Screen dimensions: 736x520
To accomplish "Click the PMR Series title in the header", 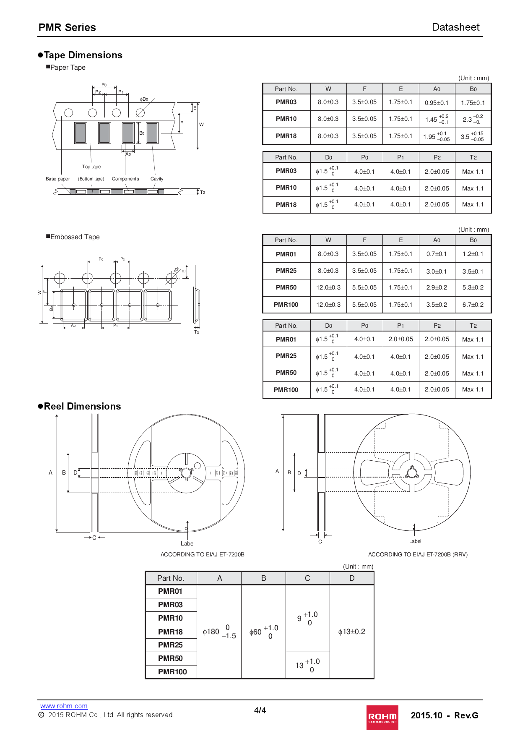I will click(67, 28).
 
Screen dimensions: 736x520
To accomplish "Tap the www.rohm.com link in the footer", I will click(64, 706).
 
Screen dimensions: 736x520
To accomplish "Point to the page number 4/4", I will click(260, 710).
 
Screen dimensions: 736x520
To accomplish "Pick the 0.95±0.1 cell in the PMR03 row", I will click(437, 103).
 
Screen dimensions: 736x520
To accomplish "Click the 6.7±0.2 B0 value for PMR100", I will click(473, 305).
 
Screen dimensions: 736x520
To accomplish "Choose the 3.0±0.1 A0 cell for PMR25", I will click(437, 271).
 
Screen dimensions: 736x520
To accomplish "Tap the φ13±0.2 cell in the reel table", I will click(351, 632).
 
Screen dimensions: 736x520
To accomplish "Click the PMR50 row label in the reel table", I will click(171, 658).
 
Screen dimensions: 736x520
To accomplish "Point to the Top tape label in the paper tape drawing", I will click(91, 167).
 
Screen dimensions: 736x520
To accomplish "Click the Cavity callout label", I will click(157, 179).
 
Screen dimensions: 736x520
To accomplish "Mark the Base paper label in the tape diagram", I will click(58, 179).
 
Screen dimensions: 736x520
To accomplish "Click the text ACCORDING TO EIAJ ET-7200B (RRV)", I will click(418, 554).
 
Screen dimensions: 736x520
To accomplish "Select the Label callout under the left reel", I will click(187, 543).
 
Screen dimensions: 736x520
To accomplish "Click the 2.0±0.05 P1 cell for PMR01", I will click(400, 339).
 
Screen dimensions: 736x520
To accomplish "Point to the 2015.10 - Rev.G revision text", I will click(444, 715).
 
